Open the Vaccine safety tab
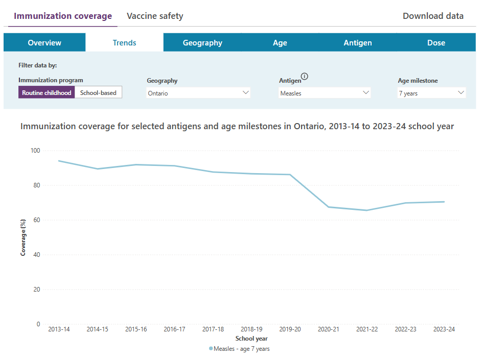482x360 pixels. (x=155, y=16)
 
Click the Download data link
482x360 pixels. (x=433, y=16)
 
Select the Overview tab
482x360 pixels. (x=44, y=42)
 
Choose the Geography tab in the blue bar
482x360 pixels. (x=202, y=42)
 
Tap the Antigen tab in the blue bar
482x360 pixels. (x=357, y=42)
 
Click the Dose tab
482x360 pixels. (x=436, y=42)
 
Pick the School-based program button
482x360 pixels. (x=98, y=92)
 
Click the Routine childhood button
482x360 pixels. (x=47, y=92)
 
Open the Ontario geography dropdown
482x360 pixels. (x=198, y=93)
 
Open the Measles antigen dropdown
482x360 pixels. (x=324, y=93)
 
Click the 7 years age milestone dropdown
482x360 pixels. (x=431, y=93)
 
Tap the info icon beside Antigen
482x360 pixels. (x=304, y=76)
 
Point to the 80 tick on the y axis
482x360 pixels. (x=37, y=185)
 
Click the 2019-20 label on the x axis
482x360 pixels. (x=290, y=329)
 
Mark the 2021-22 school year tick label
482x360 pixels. (x=367, y=329)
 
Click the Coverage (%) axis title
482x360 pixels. (x=23, y=237)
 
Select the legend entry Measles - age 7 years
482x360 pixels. (x=239, y=349)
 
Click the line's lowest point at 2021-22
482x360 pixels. (x=366, y=210)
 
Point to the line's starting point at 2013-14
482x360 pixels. (x=59, y=161)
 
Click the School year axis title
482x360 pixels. (x=251, y=339)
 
